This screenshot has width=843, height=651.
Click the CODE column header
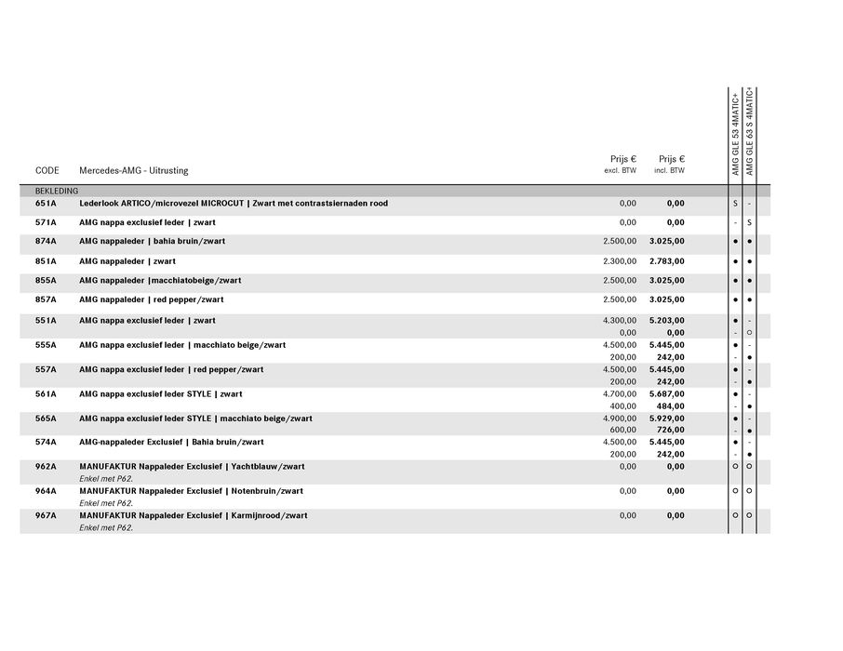coord(47,170)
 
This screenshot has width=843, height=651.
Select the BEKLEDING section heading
coord(57,191)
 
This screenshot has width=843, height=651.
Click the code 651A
coord(46,204)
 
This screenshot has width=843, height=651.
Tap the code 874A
coord(46,242)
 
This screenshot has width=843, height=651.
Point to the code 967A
coord(46,515)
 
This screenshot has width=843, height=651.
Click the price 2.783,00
coord(666,261)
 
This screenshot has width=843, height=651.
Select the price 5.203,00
coord(666,320)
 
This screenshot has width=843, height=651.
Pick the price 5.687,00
coord(666,394)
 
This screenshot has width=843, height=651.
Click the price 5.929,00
coord(666,418)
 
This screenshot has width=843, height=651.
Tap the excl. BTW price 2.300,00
coord(620,261)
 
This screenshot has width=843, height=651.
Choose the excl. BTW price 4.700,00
coord(620,394)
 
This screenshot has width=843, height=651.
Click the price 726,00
coord(670,430)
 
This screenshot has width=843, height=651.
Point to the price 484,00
coord(670,405)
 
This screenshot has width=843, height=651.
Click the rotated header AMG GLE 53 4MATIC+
coord(735,135)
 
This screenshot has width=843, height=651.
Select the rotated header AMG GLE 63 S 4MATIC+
coord(749,132)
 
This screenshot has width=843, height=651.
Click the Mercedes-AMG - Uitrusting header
coord(133,170)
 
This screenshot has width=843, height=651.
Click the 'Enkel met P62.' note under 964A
coord(106,503)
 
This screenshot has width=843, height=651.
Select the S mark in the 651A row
coord(735,204)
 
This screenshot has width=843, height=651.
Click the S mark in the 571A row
coord(749,223)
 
